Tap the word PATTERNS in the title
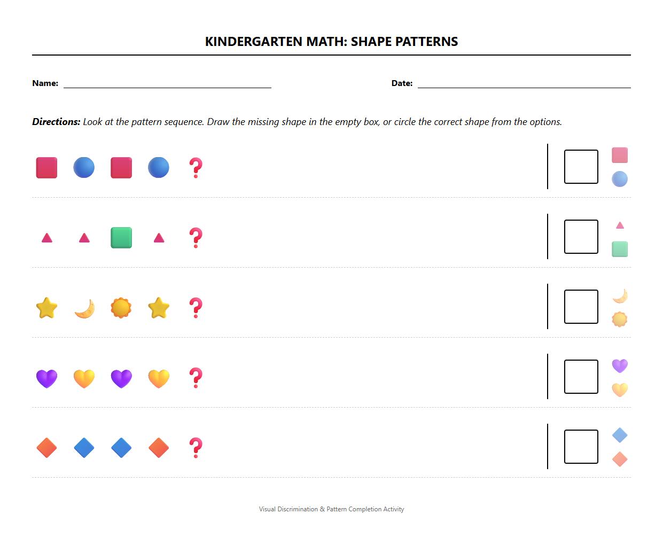[x=431, y=42]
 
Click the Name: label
[x=45, y=83]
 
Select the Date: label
[x=402, y=83]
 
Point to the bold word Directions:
[x=56, y=122]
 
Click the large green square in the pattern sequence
[x=121, y=238]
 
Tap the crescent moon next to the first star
[x=84, y=308]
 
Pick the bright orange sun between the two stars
[x=121, y=308]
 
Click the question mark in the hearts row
[x=196, y=378]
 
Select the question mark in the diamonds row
[x=196, y=448]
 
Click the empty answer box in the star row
[x=581, y=307]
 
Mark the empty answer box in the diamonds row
[x=581, y=447]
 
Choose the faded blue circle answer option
[x=620, y=179]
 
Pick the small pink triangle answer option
[x=620, y=225]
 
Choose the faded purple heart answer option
[x=620, y=365]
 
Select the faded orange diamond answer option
[x=620, y=460]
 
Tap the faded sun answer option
[x=620, y=320]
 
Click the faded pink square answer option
[x=620, y=155]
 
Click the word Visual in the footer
[x=268, y=509]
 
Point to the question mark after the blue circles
[x=196, y=168]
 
